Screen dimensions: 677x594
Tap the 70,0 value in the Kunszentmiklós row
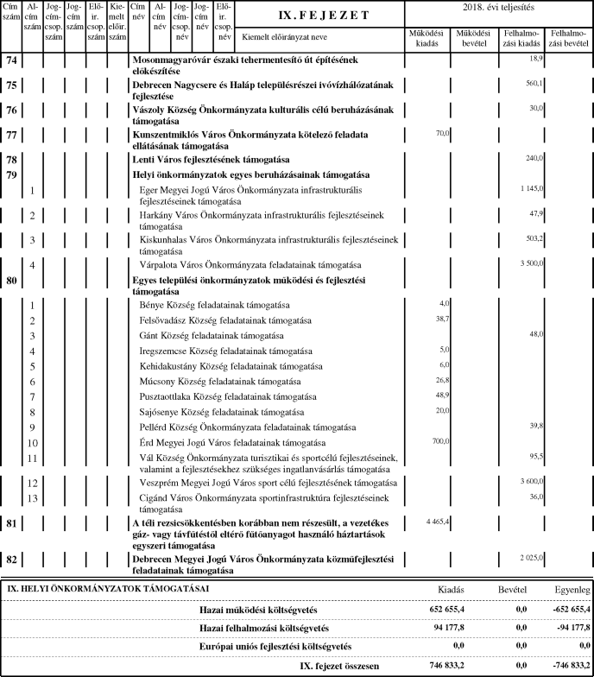tap(444, 133)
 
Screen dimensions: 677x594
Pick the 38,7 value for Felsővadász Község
tap(442, 319)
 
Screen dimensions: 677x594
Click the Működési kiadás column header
tap(428, 38)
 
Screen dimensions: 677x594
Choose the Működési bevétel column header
tap(475, 38)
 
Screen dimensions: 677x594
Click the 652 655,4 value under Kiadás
tap(428, 609)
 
